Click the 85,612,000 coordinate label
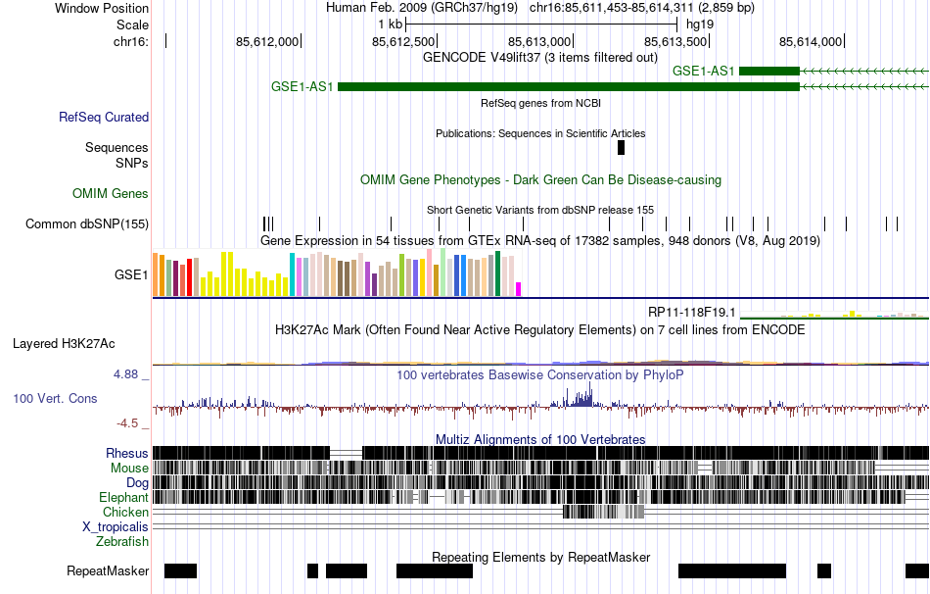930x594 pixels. click(x=267, y=41)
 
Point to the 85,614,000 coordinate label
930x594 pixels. click(x=810, y=41)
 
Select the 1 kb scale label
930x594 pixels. click(x=390, y=24)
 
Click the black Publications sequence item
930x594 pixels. click(x=621, y=147)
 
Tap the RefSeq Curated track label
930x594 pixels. click(x=104, y=117)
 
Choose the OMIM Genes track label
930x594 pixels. click(x=111, y=193)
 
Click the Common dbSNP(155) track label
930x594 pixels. click(x=87, y=223)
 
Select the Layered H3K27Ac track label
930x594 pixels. click(x=64, y=343)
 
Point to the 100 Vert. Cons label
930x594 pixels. click(x=55, y=399)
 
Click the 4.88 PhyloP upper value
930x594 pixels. click(x=129, y=374)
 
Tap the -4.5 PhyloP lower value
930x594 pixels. click(x=131, y=423)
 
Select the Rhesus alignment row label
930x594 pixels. click(x=127, y=453)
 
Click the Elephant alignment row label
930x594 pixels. click(x=123, y=497)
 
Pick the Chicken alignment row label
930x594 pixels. click(x=125, y=512)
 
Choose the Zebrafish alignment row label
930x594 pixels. click(x=122, y=541)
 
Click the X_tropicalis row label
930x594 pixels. click(x=116, y=526)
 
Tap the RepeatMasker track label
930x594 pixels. click(x=108, y=570)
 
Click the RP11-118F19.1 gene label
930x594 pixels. click(x=691, y=312)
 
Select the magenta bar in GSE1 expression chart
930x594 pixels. click(x=519, y=288)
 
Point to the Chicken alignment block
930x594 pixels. click(x=603, y=512)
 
